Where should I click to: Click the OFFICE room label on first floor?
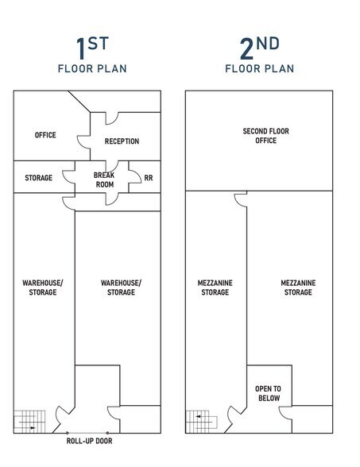point(45,135)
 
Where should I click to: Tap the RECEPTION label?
point(122,141)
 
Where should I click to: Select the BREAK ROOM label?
point(104,179)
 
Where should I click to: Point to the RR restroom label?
point(149,178)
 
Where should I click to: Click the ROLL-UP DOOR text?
point(89,441)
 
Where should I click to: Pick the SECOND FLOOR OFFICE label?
point(265,136)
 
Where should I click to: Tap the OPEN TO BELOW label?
point(269,393)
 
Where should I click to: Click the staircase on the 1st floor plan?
point(29,422)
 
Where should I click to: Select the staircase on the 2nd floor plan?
point(202,422)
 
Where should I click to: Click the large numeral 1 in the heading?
point(81,48)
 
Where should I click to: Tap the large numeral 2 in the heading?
point(246,48)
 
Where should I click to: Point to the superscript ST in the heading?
point(98,43)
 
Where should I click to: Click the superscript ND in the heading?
point(269,43)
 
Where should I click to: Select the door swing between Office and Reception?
point(83,142)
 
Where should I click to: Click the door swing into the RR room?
point(135,176)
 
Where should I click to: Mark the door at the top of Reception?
point(112,118)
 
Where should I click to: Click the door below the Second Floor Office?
point(241,199)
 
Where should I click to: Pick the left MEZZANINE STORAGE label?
point(215,288)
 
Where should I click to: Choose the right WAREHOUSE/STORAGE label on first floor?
point(121,288)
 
